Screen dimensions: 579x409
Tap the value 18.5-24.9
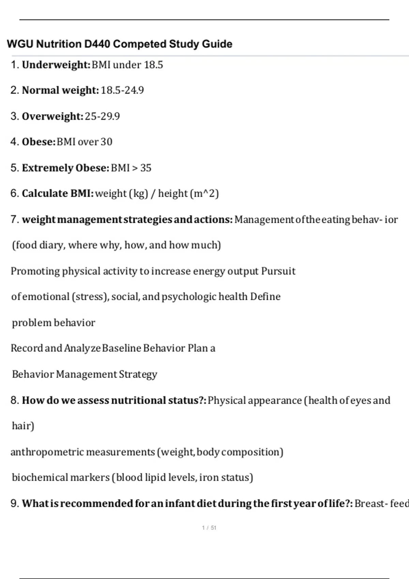click(122, 90)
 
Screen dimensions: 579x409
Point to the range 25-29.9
click(102, 116)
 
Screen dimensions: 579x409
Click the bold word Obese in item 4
click(38, 142)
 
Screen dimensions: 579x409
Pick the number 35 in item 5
click(146, 168)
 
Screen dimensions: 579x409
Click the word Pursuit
click(278, 271)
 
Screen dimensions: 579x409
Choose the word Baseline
click(121, 348)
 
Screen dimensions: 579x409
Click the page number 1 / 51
click(209, 528)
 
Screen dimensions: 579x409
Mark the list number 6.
click(14, 193)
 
